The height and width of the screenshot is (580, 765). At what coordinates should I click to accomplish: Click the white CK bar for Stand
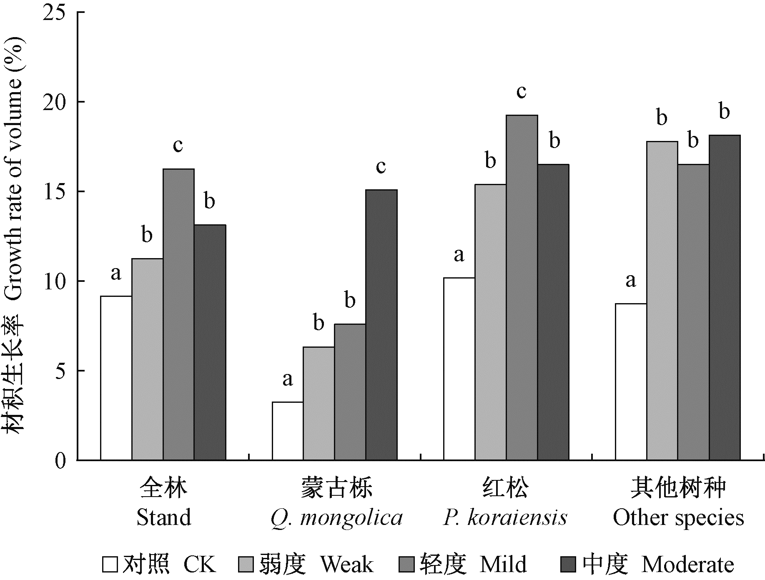point(116,378)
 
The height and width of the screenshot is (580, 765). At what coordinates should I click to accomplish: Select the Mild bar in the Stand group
point(178,314)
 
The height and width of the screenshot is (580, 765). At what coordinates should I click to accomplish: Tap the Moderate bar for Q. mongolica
point(381,325)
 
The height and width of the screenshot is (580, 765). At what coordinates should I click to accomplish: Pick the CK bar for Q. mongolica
point(288,431)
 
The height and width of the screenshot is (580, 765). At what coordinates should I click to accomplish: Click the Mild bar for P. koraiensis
point(522,287)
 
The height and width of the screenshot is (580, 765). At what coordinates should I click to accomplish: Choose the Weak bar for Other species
point(662,301)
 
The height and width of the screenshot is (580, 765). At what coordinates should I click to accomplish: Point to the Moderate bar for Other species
point(725,297)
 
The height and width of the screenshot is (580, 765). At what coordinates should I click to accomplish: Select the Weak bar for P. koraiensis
point(490,322)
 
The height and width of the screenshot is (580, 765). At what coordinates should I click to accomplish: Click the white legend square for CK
point(110,565)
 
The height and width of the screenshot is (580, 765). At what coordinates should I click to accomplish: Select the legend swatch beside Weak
point(247,565)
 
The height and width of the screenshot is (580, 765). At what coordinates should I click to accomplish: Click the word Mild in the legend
point(503,565)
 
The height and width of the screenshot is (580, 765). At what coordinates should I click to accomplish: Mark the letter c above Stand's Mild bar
point(178,145)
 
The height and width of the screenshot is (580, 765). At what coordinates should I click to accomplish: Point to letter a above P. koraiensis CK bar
point(459,255)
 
